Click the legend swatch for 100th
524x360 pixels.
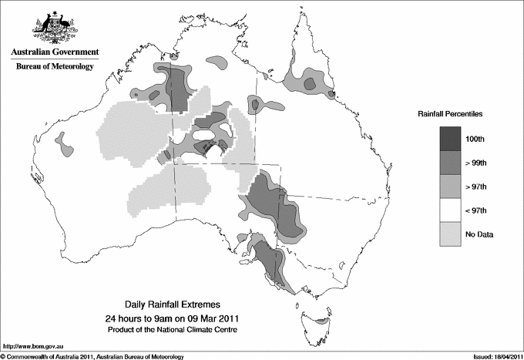click(451, 138)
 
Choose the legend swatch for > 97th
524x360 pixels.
click(451, 186)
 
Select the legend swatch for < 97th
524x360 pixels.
click(451, 210)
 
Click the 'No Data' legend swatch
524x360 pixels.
click(451, 234)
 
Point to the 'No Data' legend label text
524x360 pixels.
click(479, 234)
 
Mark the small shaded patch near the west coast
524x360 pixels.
click(65, 145)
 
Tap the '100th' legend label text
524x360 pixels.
click(475, 138)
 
